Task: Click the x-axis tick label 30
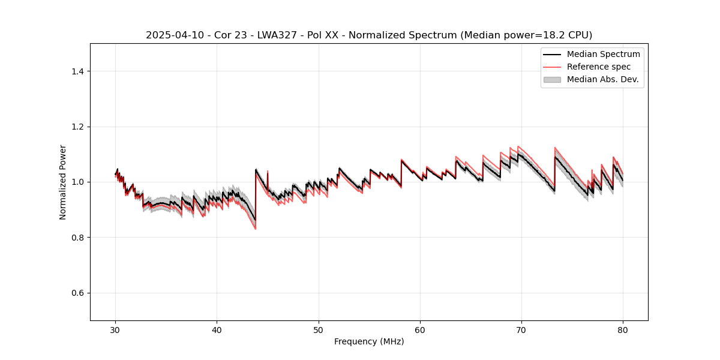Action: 115,330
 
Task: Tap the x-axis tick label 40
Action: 217,330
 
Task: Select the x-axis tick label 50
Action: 319,330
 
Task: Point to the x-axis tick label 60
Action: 420,330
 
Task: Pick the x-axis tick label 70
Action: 521,330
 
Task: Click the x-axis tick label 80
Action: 623,330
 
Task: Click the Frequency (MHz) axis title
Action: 369,341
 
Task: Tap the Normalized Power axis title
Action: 63,182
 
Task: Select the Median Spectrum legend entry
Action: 603,54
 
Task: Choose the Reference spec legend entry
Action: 599,67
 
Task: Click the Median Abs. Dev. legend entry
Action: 602,79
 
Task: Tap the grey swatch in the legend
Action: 552,79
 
